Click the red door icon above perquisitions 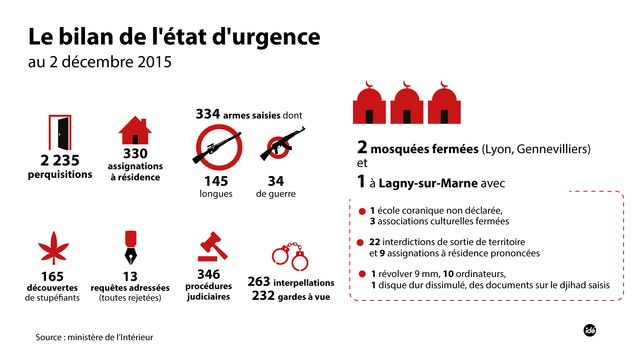(61, 130)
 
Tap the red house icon (135, 130)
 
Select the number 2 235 (61, 160)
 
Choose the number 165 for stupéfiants (53, 276)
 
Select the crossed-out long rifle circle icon (217, 148)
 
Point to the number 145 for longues (217, 181)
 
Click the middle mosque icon (407, 105)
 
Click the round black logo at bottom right (590, 330)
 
